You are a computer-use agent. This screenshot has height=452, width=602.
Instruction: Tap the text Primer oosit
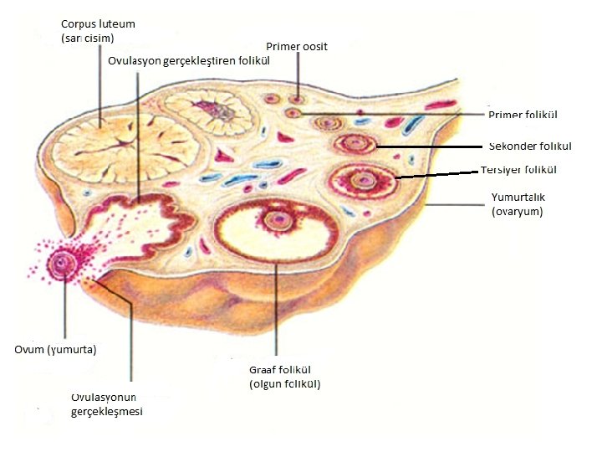click(297, 46)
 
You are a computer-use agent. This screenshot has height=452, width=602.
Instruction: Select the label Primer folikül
click(523, 115)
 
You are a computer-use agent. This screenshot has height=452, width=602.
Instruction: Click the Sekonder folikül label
click(530, 146)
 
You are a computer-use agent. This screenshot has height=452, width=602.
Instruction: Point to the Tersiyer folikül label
click(519, 170)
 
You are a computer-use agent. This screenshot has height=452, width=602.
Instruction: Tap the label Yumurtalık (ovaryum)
click(518, 204)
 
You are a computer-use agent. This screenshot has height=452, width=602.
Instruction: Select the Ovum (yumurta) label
click(55, 349)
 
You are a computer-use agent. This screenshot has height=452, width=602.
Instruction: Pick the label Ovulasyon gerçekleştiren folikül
click(188, 60)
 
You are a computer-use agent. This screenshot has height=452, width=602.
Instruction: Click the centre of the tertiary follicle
click(363, 179)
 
